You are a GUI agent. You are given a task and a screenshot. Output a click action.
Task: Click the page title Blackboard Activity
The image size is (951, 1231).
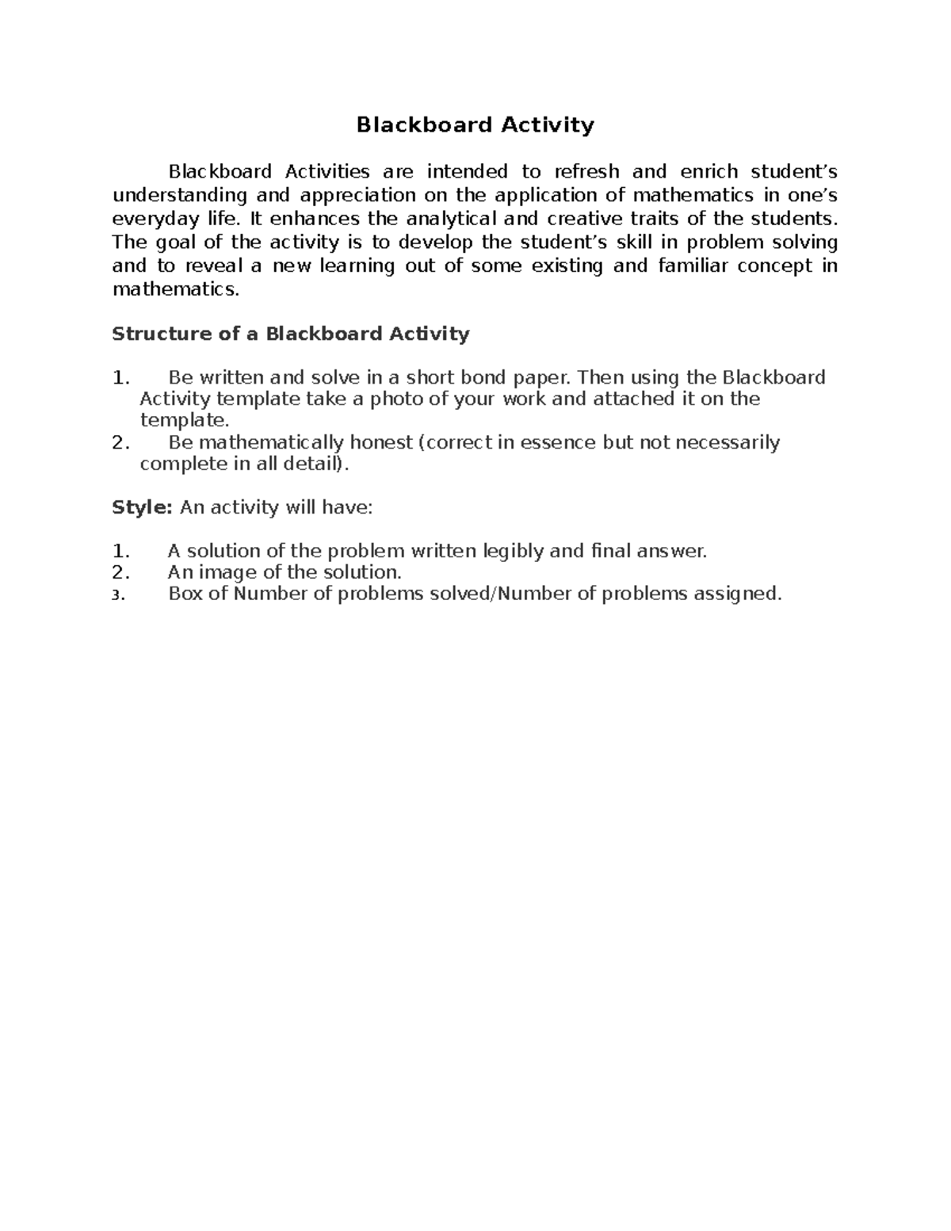(x=475, y=125)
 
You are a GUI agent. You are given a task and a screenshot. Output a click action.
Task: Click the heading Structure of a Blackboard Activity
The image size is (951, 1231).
(x=291, y=334)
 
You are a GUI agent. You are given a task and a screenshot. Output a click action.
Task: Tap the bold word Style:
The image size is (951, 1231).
(x=142, y=507)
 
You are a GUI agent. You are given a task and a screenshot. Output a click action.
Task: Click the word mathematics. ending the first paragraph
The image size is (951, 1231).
(x=175, y=289)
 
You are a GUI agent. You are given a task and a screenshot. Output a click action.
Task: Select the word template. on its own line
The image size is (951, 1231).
(x=184, y=420)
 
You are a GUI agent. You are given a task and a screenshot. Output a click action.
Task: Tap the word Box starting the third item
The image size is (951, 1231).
(x=185, y=594)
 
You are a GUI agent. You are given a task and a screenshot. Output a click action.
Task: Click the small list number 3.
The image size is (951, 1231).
(x=118, y=595)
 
